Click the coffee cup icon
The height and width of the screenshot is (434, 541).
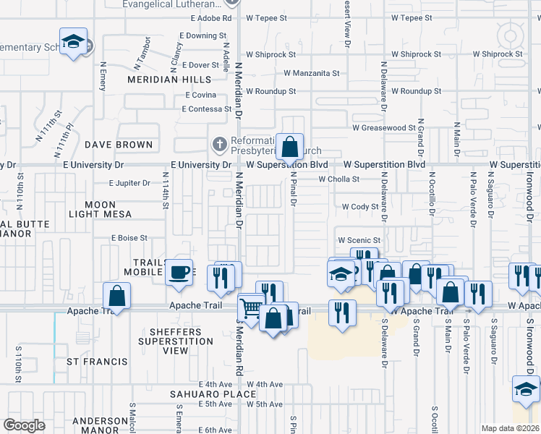click(179, 273)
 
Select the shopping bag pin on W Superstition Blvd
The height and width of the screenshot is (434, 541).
click(289, 148)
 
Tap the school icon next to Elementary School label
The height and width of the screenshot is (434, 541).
click(74, 42)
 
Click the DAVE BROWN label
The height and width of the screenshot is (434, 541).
click(119, 145)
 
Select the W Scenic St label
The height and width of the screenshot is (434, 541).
click(359, 240)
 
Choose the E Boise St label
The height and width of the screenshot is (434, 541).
click(129, 237)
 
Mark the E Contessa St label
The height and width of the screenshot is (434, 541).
click(207, 109)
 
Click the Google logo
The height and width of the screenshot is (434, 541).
click(25, 425)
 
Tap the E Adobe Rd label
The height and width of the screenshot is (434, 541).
click(207, 17)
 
